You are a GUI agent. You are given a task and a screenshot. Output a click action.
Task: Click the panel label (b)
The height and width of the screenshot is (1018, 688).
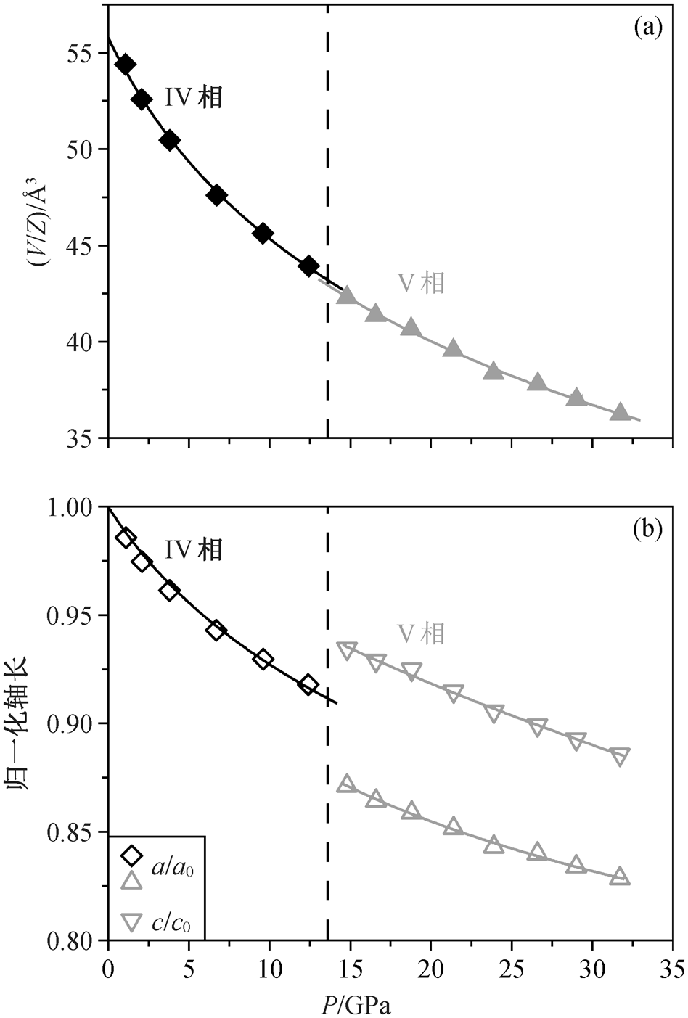point(648,530)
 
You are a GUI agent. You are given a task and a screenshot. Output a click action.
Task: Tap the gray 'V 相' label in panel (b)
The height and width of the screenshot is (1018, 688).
point(421,635)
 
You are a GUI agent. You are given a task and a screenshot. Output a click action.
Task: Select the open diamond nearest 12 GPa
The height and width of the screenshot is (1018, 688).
point(308,684)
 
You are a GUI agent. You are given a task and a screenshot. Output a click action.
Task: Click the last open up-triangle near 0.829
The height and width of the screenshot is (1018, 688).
point(620,877)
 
